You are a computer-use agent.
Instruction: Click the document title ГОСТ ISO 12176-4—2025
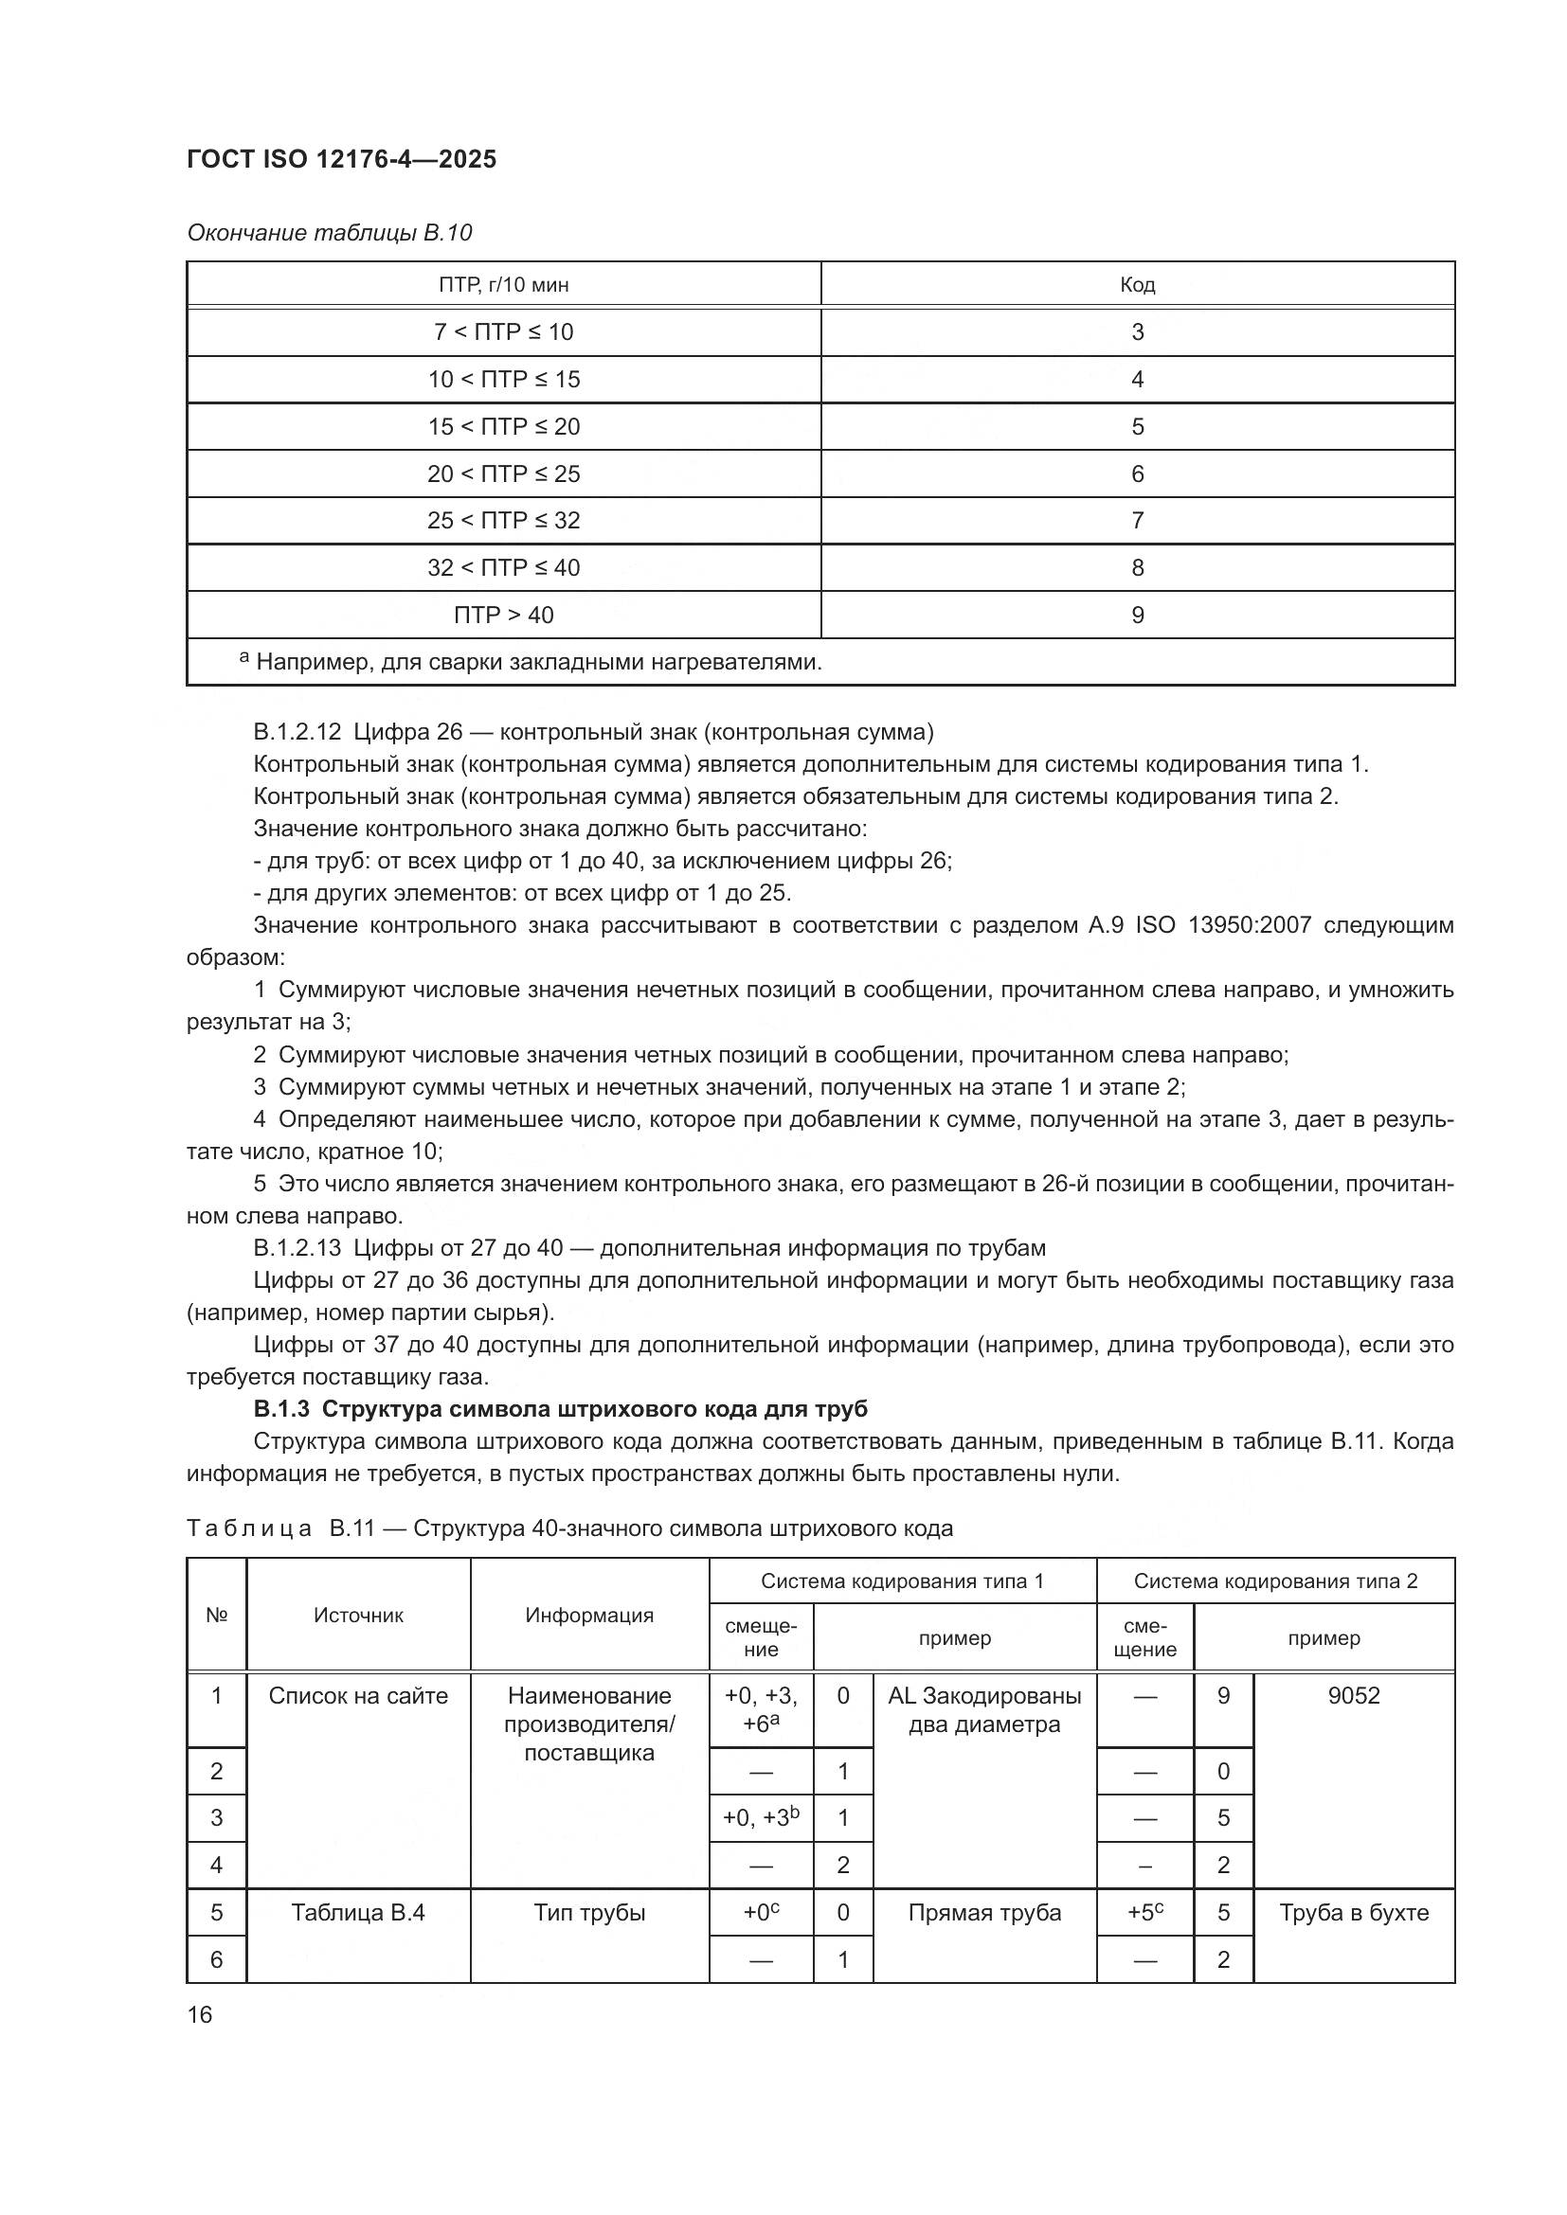tap(342, 159)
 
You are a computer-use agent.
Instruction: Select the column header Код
tap(1137, 285)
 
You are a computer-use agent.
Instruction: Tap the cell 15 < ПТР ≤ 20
tap(504, 426)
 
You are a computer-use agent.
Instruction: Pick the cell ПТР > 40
tap(504, 615)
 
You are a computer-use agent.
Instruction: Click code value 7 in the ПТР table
tap(1137, 520)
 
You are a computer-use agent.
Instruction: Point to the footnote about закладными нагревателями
tap(531, 662)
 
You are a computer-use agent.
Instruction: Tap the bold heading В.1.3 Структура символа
tap(560, 1408)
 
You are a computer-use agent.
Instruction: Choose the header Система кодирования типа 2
tap(1274, 1581)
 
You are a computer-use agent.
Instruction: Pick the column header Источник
tap(358, 1615)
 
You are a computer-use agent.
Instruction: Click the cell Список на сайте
tap(358, 1695)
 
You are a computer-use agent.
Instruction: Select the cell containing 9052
tap(1353, 1695)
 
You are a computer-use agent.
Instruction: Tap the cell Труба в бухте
tap(1353, 1912)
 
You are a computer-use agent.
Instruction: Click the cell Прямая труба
tap(984, 1912)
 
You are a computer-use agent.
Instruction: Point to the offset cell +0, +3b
tap(761, 1817)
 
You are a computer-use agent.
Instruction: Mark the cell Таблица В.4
tap(358, 1912)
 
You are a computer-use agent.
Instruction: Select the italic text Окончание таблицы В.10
tap(329, 233)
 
